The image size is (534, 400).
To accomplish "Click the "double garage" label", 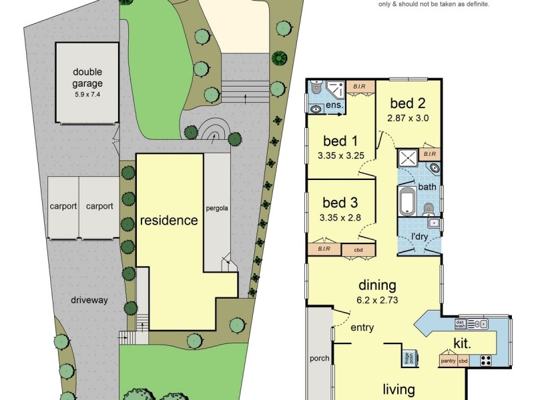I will [x=88, y=78].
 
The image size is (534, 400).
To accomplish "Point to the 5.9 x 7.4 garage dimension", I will [x=88, y=95].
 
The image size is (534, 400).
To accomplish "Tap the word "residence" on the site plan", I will [x=168, y=220].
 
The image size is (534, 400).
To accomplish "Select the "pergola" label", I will [x=217, y=208].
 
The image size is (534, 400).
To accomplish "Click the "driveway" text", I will [x=89, y=301].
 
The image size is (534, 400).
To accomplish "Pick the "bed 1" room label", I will [x=339, y=141].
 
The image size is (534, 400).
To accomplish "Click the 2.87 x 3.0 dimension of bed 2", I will [x=407, y=118].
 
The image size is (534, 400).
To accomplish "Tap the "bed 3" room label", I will [x=339, y=203].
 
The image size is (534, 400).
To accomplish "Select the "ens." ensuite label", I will [x=334, y=105].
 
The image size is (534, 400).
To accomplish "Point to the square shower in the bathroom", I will [x=407, y=158].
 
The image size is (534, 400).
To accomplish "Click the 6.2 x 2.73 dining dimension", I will [x=378, y=300].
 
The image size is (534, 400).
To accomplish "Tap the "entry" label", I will [x=361, y=327].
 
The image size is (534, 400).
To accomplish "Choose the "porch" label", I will [x=320, y=358].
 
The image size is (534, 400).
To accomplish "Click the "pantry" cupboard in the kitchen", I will [x=448, y=361].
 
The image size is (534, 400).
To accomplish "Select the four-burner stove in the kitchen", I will [x=485, y=361].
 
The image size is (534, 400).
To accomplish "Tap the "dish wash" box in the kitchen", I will [x=460, y=323].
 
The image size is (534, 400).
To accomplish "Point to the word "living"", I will [x=399, y=389].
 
